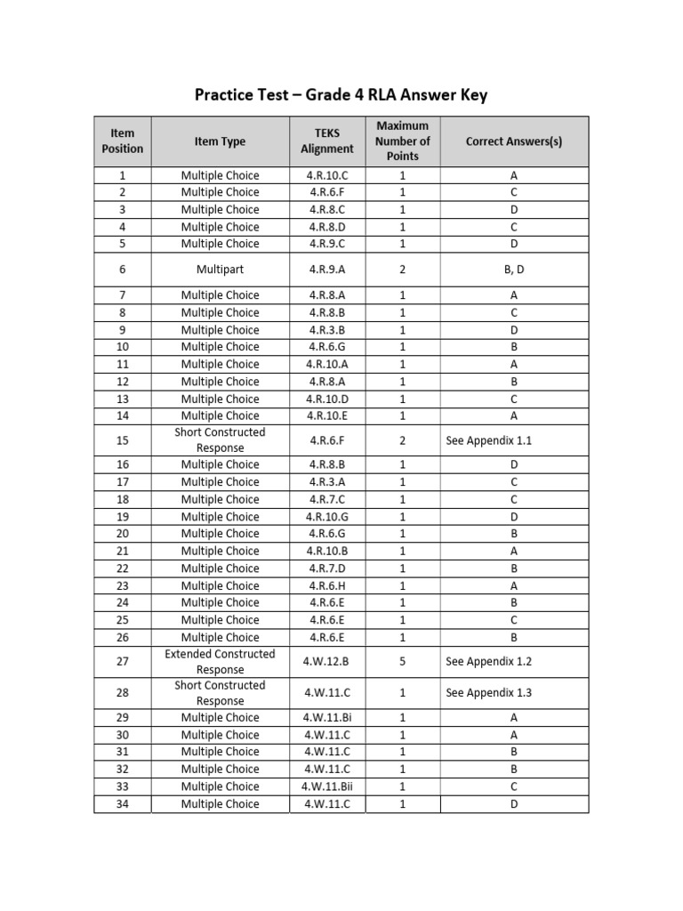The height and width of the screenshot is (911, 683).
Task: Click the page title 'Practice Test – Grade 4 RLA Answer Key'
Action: pyautogui.click(x=341, y=95)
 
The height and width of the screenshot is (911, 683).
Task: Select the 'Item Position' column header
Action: pyautogui.click(x=122, y=141)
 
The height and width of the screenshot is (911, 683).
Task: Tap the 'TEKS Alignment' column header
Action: pyautogui.click(x=326, y=141)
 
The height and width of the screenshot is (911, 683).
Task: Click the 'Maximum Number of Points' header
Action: pyautogui.click(x=402, y=141)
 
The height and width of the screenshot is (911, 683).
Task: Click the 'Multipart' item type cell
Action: pyautogui.click(x=220, y=269)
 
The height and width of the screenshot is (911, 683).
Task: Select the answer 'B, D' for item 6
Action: pyautogui.click(x=513, y=269)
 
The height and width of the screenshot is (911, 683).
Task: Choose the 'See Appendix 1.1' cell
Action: pyautogui.click(x=489, y=440)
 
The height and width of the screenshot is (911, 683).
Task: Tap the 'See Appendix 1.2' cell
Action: pyautogui.click(x=489, y=662)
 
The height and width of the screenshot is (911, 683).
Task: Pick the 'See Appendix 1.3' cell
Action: pyautogui.click(x=489, y=693)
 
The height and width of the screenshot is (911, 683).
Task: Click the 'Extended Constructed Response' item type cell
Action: pyautogui.click(x=220, y=662)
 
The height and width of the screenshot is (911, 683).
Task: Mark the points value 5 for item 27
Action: pyautogui.click(x=402, y=662)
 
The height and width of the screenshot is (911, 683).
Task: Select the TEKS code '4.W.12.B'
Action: pyautogui.click(x=326, y=662)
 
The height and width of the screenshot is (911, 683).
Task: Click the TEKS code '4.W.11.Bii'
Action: pyautogui.click(x=326, y=786)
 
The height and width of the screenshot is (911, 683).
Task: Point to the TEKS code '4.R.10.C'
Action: pyautogui.click(x=326, y=175)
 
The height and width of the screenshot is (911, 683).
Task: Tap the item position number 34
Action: pyautogui.click(x=122, y=804)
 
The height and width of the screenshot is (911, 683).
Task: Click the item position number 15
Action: pyautogui.click(x=122, y=440)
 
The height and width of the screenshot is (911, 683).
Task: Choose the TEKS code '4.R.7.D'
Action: pyautogui.click(x=326, y=568)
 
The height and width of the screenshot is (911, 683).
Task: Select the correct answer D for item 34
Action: pyautogui.click(x=513, y=804)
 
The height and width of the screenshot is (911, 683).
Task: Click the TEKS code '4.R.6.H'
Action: pyautogui.click(x=326, y=585)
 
